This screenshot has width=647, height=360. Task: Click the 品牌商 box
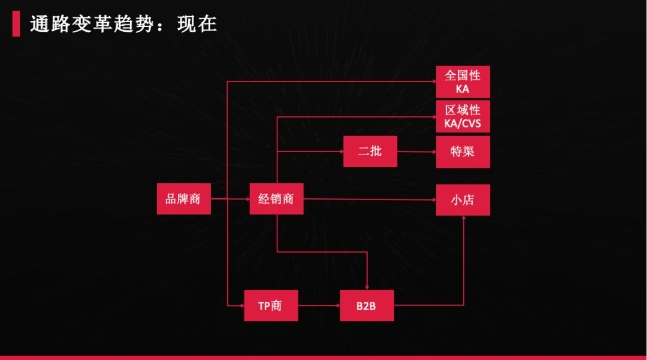183,198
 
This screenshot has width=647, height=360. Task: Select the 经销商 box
276,198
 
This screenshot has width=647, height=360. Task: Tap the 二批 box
370,151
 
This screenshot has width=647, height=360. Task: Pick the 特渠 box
462,151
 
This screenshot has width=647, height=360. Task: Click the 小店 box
462,199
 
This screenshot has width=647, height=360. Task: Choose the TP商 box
271,305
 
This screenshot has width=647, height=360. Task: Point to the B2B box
367,305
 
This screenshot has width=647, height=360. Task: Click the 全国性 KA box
462,82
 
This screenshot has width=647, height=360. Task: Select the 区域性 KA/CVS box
462,116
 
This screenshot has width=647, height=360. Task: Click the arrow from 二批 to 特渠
416,151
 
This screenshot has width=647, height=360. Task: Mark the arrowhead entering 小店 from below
463,219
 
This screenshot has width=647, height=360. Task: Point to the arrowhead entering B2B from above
367,287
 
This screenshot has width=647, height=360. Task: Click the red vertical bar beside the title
16,23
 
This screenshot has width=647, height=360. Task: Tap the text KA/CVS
462,124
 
